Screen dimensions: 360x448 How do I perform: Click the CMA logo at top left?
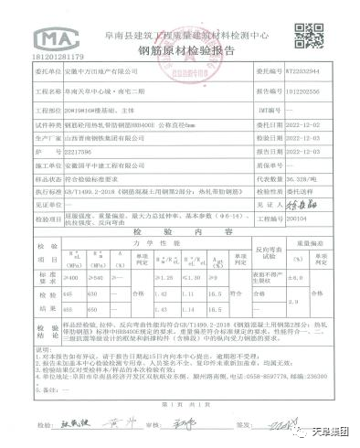coord(49,37)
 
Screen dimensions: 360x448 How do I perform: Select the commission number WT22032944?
coord(305,69)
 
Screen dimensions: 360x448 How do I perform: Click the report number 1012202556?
coord(303,91)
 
